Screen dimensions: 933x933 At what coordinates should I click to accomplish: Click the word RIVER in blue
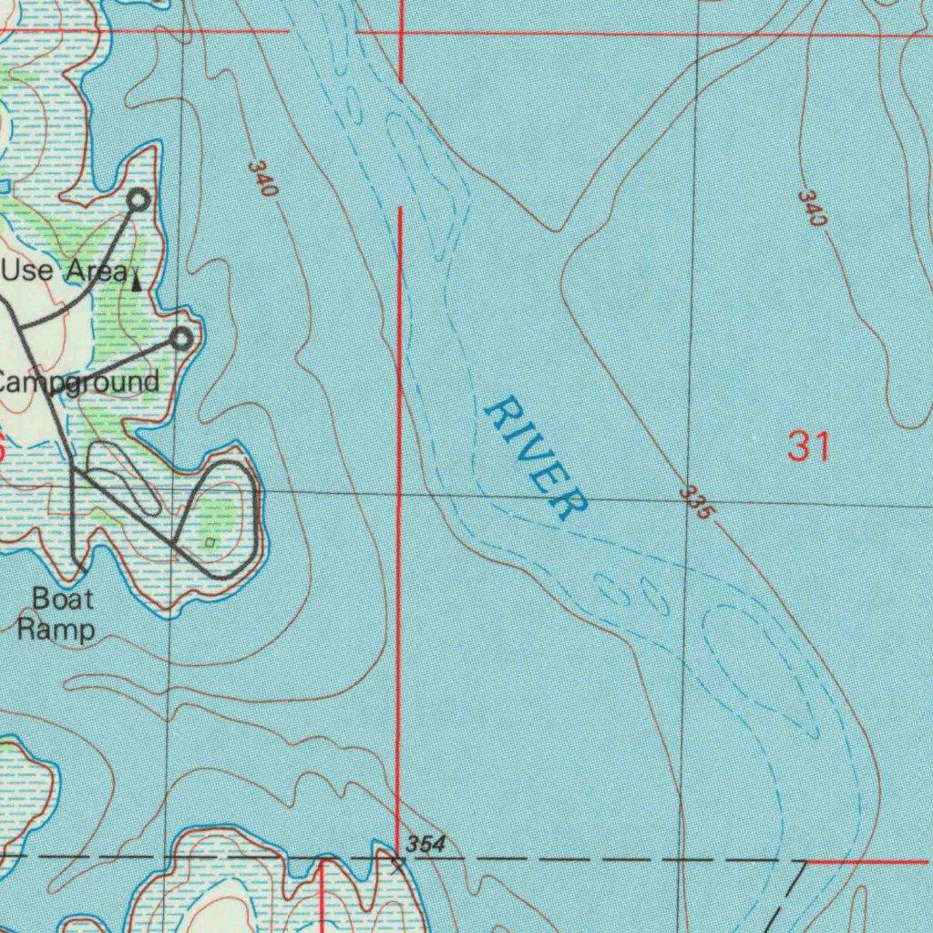(x=536, y=457)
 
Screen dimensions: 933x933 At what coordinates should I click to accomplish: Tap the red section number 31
(x=809, y=447)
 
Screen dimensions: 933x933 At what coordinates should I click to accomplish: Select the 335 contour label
(x=695, y=504)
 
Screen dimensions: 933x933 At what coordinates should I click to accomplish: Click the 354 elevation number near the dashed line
(x=425, y=845)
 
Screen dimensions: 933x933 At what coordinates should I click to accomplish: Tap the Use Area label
(x=64, y=271)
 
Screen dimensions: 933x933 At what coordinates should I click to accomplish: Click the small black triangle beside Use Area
(x=137, y=282)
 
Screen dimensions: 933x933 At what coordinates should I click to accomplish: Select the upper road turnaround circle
(x=138, y=199)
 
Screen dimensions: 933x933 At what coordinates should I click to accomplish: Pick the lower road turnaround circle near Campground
(x=182, y=340)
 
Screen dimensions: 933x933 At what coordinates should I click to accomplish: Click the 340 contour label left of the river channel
(x=261, y=179)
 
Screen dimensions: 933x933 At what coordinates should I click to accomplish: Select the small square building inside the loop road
(x=210, y=543)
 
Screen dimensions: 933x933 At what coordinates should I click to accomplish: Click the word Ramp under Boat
(x=56, y=629)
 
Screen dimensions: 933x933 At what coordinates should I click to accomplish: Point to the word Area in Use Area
(x=95, y=271)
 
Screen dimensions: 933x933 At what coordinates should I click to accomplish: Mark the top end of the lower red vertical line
(x=399, y=209)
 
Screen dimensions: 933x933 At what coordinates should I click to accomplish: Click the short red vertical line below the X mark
(x=322, y=897)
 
